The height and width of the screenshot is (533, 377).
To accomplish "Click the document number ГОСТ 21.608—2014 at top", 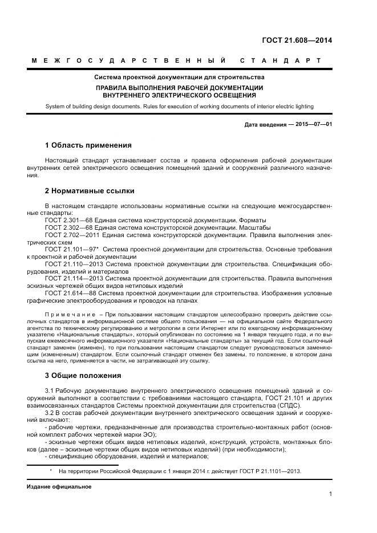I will point(297,40).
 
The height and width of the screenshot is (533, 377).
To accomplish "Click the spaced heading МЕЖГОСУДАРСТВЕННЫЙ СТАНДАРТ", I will point(175,60).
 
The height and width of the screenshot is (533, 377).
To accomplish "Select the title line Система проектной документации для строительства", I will point(179,77).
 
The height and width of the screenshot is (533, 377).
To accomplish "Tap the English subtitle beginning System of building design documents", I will point(179,107).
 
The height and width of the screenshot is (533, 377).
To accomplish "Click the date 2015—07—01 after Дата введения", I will point(312,124).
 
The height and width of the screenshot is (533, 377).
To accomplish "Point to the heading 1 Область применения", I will point(88,145).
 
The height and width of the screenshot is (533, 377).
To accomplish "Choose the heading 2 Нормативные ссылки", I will point(90,190).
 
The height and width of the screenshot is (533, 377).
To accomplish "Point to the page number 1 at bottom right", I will point(330,494).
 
